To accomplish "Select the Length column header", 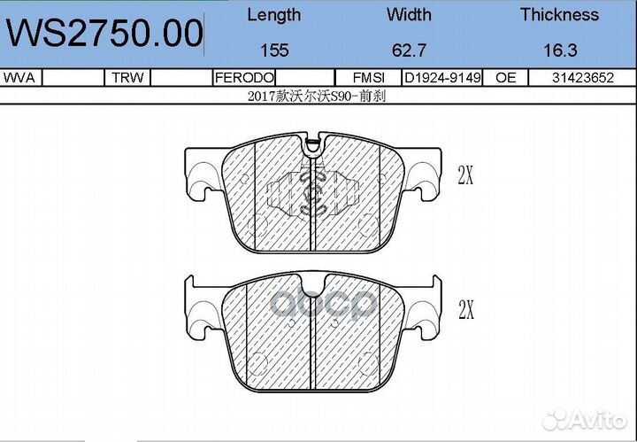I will coord(273,15).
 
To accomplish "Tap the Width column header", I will coord(409,15).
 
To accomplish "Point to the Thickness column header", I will coord(559,15).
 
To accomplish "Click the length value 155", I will coord(273,51).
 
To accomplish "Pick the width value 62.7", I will coord(409,51).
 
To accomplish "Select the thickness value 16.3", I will coord(559,51).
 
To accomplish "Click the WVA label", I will coord(19,78).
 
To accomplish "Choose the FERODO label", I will coord(244,78).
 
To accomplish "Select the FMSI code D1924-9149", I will coord(442,78).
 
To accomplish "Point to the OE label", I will coord(506,78).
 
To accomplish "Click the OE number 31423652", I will coord(582,78).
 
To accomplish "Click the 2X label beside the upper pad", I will coord(465,175).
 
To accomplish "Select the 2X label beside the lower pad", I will coord(465,310).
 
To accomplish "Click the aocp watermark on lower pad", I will coord(324,306).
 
